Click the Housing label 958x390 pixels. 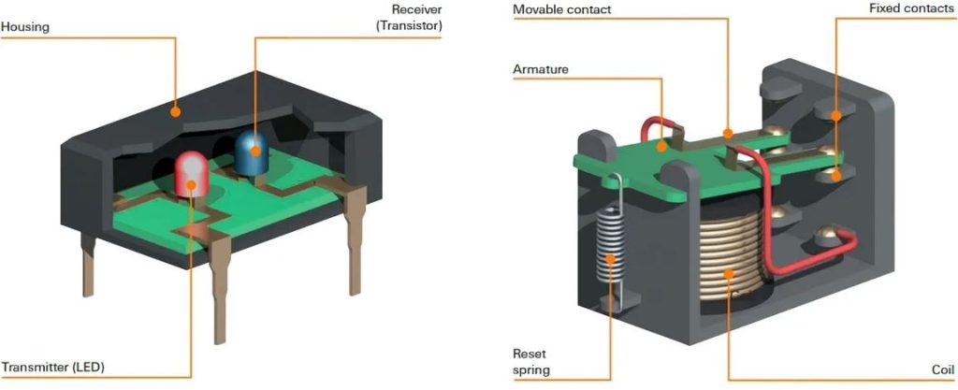click(x=25, y=28)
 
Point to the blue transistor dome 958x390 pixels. click(x=250, y=149)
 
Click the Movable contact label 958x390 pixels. click(x=573, y=9)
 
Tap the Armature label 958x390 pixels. click(x=540, y=69)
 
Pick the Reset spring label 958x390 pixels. click(x=530, y=362)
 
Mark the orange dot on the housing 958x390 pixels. click(x=175, y=110)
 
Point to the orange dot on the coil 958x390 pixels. click(x=729, y=273)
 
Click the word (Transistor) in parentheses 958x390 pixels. click(x=409, y=26)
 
